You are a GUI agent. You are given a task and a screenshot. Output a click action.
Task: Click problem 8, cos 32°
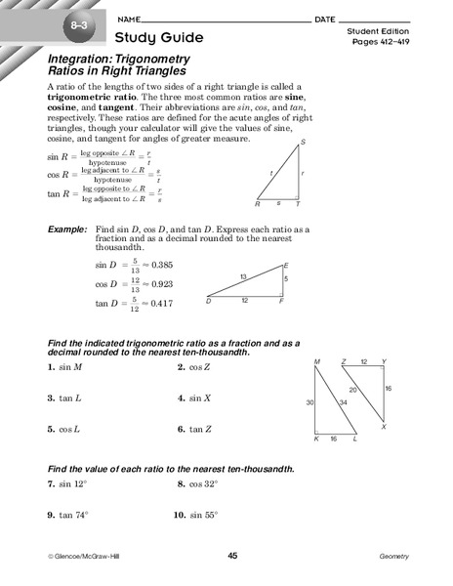point(202,483)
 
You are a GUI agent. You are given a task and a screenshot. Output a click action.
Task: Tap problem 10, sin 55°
point(201,514)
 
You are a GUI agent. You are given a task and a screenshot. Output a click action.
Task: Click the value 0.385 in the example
point(159,266)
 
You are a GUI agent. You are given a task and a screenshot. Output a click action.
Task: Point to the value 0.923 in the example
point(159,284)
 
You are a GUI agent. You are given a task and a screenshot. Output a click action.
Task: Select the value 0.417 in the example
point(159,304)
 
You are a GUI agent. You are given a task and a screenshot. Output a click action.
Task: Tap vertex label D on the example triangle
point(208,301)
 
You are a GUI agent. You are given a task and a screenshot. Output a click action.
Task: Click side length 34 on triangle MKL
point(341,401)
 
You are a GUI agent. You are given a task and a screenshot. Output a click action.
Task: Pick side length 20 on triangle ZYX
point(353,390)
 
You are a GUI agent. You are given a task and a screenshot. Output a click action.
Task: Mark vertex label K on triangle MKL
point(315,439)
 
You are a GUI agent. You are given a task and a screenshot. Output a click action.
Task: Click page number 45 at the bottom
point(232,556)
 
